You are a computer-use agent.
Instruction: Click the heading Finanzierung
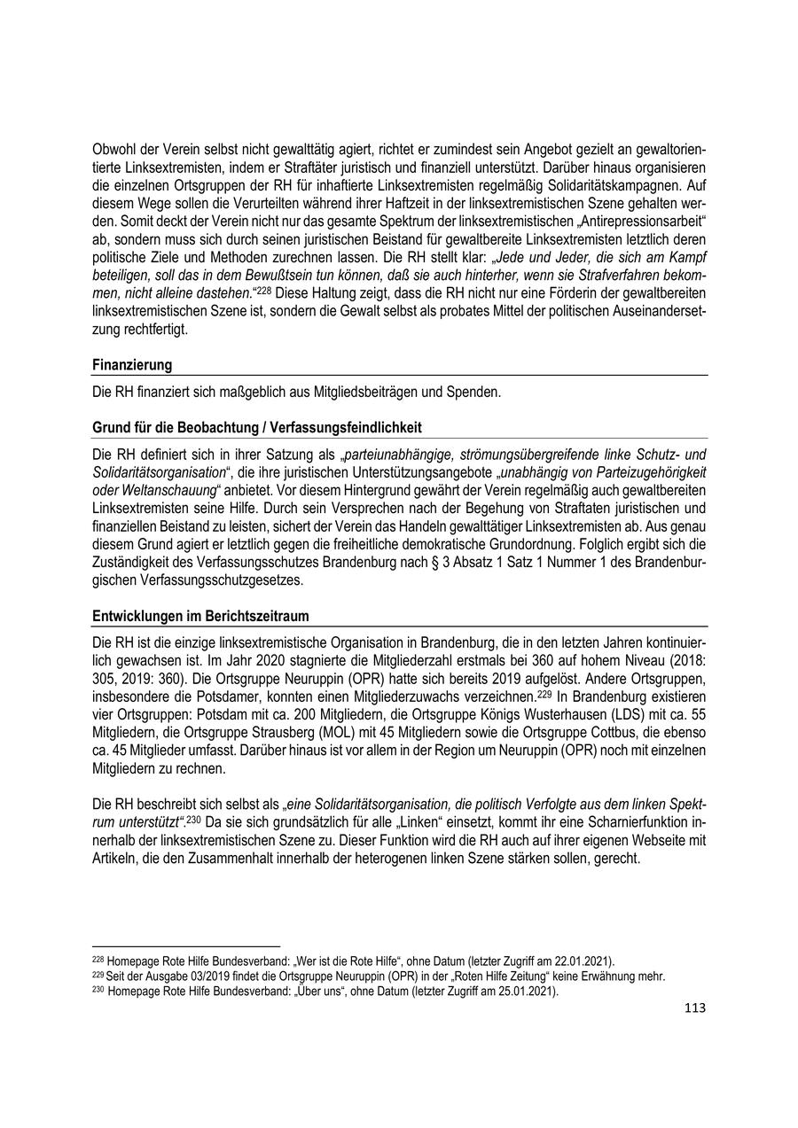(132, 365)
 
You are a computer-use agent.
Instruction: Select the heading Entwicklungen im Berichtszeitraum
(200, 616)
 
